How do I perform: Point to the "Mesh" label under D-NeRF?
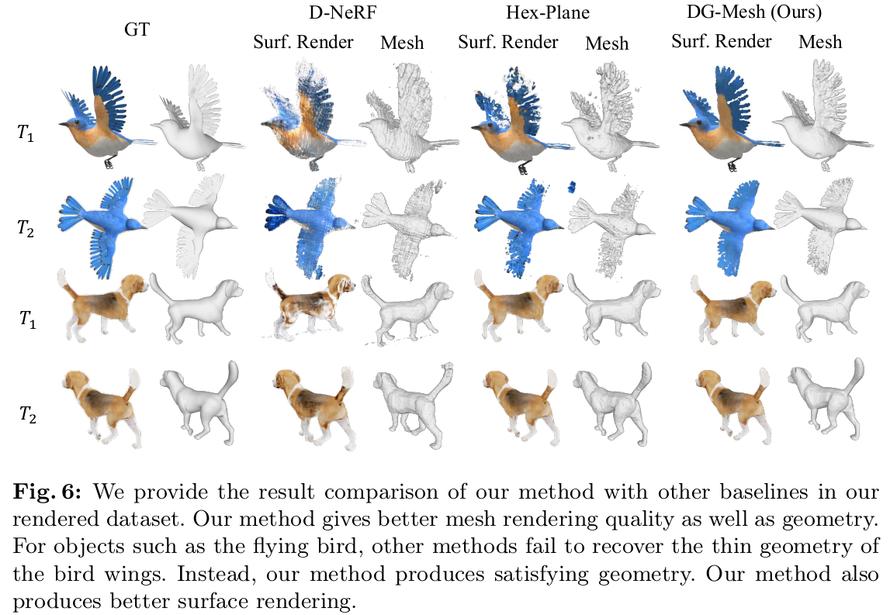click(x=402, y=42)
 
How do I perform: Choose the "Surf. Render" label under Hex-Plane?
click(x=508, y=42)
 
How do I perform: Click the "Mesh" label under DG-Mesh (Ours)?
click(x=820, y=42)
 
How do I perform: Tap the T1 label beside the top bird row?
click(x=26, y=133)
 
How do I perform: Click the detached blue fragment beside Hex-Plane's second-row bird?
click(x=571, y=186)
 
